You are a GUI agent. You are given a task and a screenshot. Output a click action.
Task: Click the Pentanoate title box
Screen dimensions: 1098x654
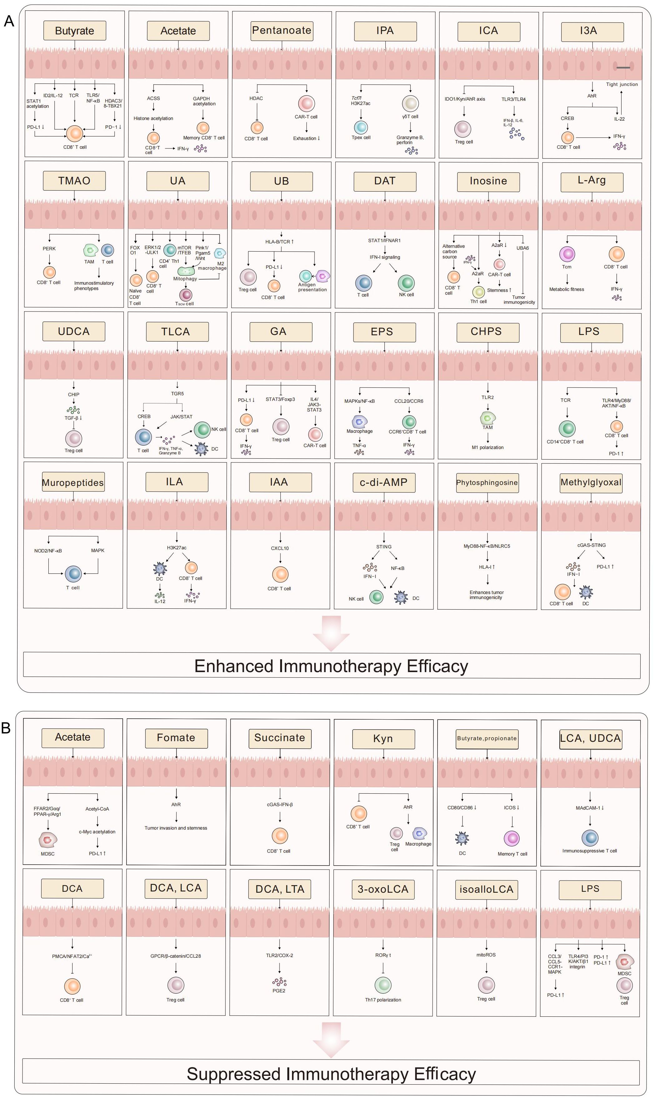click(282, 30)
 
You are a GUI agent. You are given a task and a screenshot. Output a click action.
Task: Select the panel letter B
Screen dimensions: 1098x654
click(6, 728)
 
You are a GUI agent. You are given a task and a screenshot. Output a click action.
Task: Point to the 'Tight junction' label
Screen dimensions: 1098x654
click(622, 84)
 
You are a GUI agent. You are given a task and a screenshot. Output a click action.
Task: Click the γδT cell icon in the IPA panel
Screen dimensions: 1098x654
click(410, 104)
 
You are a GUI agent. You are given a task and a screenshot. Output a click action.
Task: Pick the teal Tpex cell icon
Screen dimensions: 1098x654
click(361, 127)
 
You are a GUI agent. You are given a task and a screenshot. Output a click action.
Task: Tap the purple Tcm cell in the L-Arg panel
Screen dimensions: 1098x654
click(567, 254)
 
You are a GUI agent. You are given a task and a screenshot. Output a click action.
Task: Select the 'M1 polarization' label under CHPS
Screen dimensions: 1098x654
click(488, 447)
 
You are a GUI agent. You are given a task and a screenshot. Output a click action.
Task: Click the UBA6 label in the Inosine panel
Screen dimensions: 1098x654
click(523, 248)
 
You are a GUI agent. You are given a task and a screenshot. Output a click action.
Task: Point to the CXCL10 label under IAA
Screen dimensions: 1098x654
click(280, 548)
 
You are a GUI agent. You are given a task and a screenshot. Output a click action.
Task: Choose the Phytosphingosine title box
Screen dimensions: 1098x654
click(487, 483)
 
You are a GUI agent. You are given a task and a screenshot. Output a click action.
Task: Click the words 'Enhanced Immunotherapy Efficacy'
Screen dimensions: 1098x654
click(331, 666)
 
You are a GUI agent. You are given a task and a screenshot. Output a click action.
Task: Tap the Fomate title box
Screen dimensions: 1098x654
click(176, 738)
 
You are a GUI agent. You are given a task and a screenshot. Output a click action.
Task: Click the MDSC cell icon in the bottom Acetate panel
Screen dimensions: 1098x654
click(47, 840)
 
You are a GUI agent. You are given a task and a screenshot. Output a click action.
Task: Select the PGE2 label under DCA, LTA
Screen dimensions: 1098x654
click(279, 991)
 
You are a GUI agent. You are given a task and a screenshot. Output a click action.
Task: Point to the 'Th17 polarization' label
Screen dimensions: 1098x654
click(383, 1000)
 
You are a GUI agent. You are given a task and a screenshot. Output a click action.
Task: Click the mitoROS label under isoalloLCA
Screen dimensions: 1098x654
click(486, 955)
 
